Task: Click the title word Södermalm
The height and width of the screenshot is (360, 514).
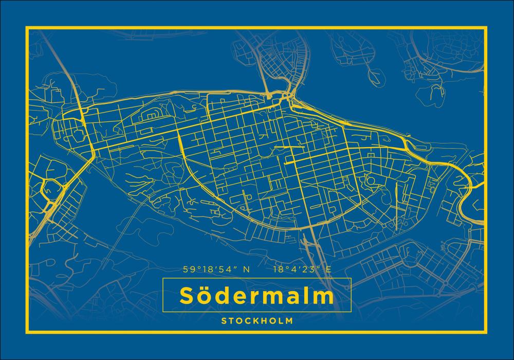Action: (256, 296)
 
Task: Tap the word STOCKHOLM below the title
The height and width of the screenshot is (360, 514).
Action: (257, 320)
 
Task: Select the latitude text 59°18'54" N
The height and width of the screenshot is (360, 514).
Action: (216, 269)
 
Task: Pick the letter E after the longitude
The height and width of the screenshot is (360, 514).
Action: (328, 269)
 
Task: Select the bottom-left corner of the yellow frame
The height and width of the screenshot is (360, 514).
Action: (26, 334)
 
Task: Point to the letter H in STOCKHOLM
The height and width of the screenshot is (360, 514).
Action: (264, 320)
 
